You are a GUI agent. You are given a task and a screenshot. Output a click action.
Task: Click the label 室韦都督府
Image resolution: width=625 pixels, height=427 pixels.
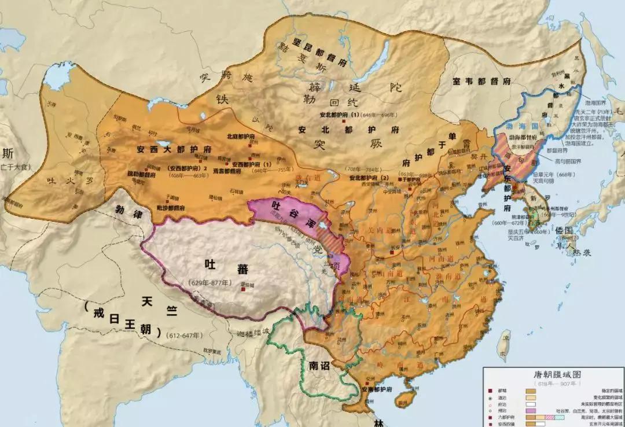point(483,82)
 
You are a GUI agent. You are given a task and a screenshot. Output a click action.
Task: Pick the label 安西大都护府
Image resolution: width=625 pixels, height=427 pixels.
point(174,148)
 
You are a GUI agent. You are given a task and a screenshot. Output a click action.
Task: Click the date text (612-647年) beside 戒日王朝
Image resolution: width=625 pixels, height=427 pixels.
point(184,336)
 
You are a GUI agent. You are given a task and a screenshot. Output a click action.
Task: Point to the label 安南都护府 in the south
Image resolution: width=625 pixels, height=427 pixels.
point(369,391)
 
